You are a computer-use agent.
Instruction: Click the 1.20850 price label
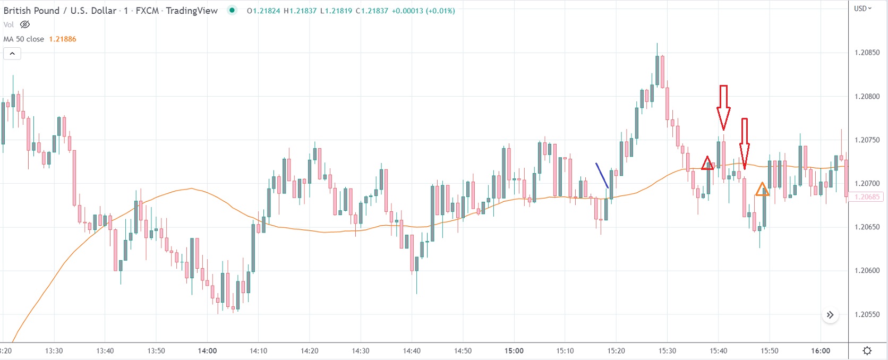point(867,53)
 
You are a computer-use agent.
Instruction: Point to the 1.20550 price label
point(867,314)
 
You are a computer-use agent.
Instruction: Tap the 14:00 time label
point(207,350)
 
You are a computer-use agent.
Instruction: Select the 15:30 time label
point(667,350)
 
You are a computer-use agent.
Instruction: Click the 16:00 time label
point(821,350)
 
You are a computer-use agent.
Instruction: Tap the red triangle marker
point(707,164)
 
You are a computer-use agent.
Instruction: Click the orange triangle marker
point(762,189)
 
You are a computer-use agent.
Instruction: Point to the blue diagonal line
point(602,175)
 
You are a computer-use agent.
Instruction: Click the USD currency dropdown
point(863,8)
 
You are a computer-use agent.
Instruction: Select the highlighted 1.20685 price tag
point(867,197)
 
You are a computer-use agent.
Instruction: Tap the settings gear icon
point(867,350)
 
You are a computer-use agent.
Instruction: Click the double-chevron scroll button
point(830,315)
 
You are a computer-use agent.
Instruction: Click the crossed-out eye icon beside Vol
point(25,24)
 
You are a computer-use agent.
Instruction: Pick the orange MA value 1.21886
point(63,39)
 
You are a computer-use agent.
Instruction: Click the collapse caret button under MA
point(12,54)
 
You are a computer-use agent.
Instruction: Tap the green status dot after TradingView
point(232,10)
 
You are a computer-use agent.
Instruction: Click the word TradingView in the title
point(192,11)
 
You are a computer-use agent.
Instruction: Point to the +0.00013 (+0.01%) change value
point(423,11)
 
